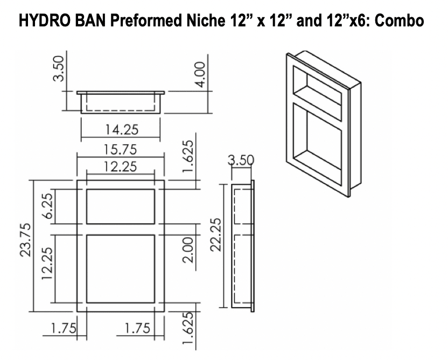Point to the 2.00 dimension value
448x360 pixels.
[x=187, y=250]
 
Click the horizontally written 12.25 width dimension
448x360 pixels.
[x=121, y=167]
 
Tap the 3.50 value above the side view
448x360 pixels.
[x=241, y=160]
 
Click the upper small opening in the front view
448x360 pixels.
[x=121, y=206]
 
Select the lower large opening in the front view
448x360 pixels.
[x=121, y=268]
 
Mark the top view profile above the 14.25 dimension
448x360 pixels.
[x=121, y=102]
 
